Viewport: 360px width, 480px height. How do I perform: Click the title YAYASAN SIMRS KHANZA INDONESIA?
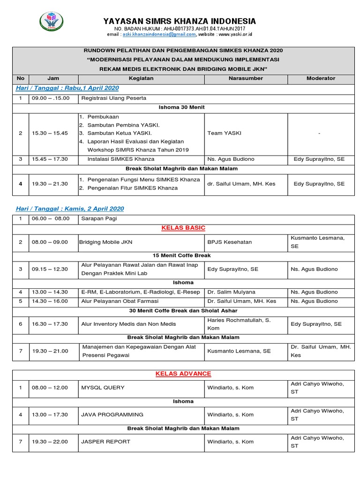click(x=180, y=21)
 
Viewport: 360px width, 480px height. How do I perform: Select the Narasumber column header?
click(x=246, y=78)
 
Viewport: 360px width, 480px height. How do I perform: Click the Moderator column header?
click(x=321, y=78)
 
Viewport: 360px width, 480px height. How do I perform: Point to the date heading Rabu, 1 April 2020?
click(x=67, y=88)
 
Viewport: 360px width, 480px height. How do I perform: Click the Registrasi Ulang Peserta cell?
click(x=114, y=98)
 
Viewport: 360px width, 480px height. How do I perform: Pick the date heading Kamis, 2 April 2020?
click(x=70, y=208)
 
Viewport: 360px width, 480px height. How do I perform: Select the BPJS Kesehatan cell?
click(x=230, y=242)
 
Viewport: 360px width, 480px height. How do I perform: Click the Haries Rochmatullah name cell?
click(x=239, y=324)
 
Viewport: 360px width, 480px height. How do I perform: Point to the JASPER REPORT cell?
click(x=105, y=442)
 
